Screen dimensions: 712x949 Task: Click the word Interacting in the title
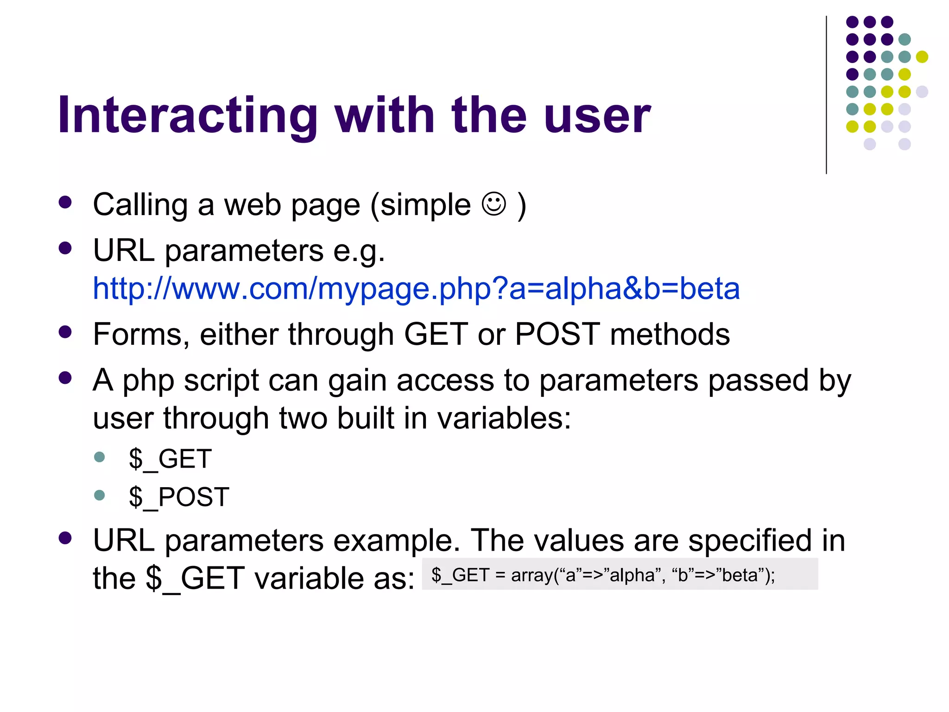pyautogui.click(x=187, y=115)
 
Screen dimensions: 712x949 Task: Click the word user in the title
pyautogui.click(x=598, y=115)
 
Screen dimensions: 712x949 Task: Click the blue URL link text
pyautogui.click(x=416, y=288)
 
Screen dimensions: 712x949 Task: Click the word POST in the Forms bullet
pyautogui.click(x=557, y=334)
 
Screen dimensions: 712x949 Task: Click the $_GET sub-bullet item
pyautogui.click(x=170, y=459)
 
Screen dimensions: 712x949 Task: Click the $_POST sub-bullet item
pyautogui.click(x=179, y=497)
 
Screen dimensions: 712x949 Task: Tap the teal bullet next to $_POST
pyautogui.click(x=99, y=495)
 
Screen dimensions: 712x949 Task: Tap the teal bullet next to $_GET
pyautogui.click(x=99, y=457)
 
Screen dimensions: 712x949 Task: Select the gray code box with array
pyautogui.click(x=620, y=574)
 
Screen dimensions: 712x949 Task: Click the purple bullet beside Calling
pyautogui.click(x=65, y=202)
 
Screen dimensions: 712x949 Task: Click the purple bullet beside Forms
pyautogui.click(x=65, y=332)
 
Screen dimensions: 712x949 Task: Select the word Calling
pyautogui.click(x=140, y=204)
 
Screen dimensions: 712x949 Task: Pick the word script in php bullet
pyautogui.click(x=221, y=380)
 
